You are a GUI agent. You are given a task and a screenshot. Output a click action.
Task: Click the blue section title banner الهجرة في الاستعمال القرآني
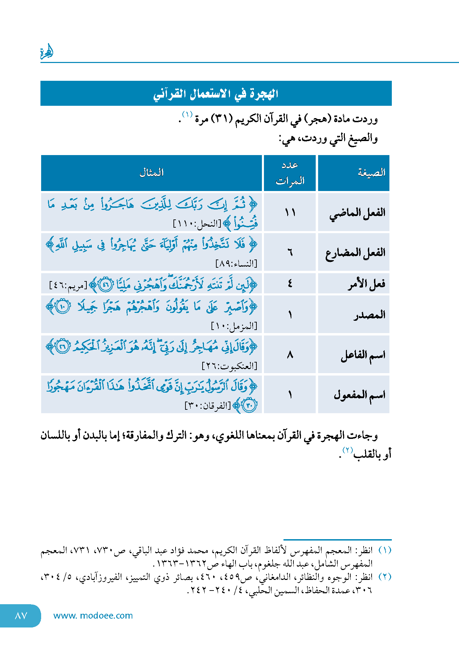point(216,93)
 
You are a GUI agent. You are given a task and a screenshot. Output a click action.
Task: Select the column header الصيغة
point(372,173)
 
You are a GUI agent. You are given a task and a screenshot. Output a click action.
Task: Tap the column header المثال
point(152,173)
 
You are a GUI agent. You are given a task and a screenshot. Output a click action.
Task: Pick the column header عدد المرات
point(290,173)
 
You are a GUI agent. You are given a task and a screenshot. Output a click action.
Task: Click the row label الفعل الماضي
point(357,213)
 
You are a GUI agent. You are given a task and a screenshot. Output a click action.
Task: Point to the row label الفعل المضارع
point(355,253)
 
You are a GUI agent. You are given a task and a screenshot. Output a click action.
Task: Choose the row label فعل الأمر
point(366,284)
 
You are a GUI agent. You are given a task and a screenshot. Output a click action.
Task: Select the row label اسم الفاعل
point(363,355)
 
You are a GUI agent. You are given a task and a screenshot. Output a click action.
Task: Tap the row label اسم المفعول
point(359,395)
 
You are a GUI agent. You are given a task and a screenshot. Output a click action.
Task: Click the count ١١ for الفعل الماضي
point(290,213)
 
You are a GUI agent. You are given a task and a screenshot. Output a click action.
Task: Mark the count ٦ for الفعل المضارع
point(290,253)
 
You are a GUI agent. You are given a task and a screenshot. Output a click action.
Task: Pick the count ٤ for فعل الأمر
point(290,283)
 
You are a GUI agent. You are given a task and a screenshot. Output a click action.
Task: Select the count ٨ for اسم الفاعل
point(290,355)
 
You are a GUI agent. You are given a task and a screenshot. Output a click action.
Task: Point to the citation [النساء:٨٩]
point(236,264)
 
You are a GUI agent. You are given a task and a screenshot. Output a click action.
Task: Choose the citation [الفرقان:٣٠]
point(208,406)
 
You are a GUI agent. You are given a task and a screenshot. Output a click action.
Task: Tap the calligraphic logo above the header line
point(47,52)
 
